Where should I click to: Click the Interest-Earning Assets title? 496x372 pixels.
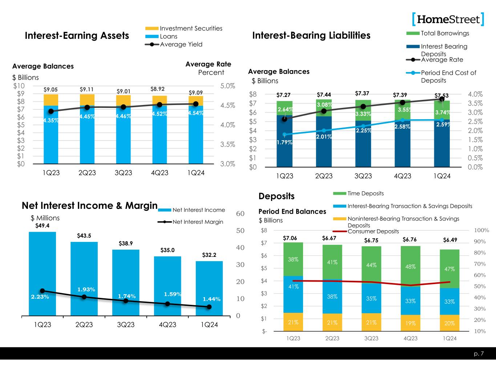click(x=77, y=36)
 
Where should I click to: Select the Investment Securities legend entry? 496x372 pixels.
click(x=191, y=28)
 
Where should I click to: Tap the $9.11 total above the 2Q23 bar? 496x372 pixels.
click(x=87, y=89)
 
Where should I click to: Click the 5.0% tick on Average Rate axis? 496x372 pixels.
click(x=227, y=86)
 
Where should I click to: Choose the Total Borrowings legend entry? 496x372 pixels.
click(x=444, y=33)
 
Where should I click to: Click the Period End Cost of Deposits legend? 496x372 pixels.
click(x=448, y=76)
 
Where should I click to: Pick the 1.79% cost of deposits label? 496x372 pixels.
click(x=284, y=142)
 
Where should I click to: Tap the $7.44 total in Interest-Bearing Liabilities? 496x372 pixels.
click(x=324, y=95)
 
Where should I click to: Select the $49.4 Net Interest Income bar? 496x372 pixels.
click(x=42, y=272)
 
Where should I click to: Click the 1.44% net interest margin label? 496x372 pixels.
click(x=211, y=299)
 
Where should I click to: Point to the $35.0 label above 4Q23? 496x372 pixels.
click(x=168, y=250)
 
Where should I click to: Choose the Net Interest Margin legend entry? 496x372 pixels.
click(x=197, y=222)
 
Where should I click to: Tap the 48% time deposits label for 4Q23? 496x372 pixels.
click(x=410, y=266)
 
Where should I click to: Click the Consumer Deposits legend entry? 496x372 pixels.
click(x=373, y=231)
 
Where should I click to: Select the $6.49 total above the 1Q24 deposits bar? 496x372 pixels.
click(x=450, y=240)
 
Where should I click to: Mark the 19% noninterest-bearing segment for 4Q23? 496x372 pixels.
click(x=410, y=323)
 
